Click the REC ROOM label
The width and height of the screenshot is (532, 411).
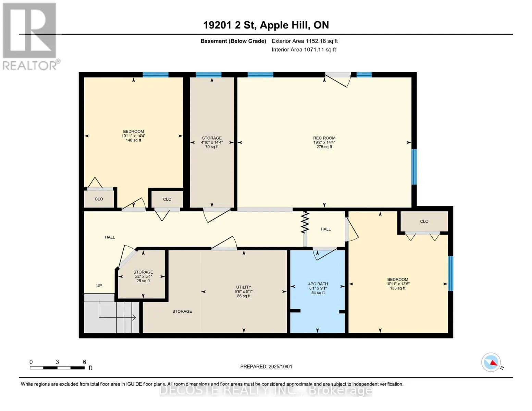(x=324, y=138)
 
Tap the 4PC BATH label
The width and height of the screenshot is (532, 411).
(x=318, y=284)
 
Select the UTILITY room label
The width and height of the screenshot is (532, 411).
(x=244, y=287)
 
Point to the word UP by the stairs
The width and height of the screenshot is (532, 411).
(x=99, y=286)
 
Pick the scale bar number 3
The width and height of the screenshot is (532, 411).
(x=57, y=362)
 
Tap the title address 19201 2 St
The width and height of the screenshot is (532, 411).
(x=230, y=25)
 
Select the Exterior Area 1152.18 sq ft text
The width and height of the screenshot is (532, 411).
(x=305, y=41)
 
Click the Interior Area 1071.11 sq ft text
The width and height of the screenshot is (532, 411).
(x=304, y=50)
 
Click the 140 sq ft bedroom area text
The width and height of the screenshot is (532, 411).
(x=134, y=140)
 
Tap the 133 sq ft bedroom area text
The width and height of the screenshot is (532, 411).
(x=398, y=288)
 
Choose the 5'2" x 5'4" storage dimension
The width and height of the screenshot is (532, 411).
(x=143, y=277)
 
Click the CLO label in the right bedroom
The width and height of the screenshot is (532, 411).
(x=424, y=221)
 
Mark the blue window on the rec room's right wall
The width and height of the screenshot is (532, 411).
(x=414, y=167)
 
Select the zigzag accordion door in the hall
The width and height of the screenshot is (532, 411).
(x=305, y=223)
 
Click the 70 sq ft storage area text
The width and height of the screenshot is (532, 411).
(x=212, y=147)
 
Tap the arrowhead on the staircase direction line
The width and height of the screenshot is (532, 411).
(x=134, y=318)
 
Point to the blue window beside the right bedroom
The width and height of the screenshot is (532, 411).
(x=450, y=273)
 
